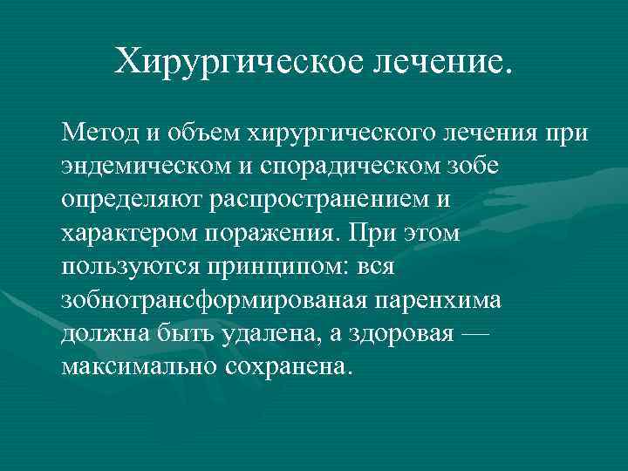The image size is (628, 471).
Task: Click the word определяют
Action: [132, 199]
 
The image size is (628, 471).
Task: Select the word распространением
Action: [323, 199]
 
